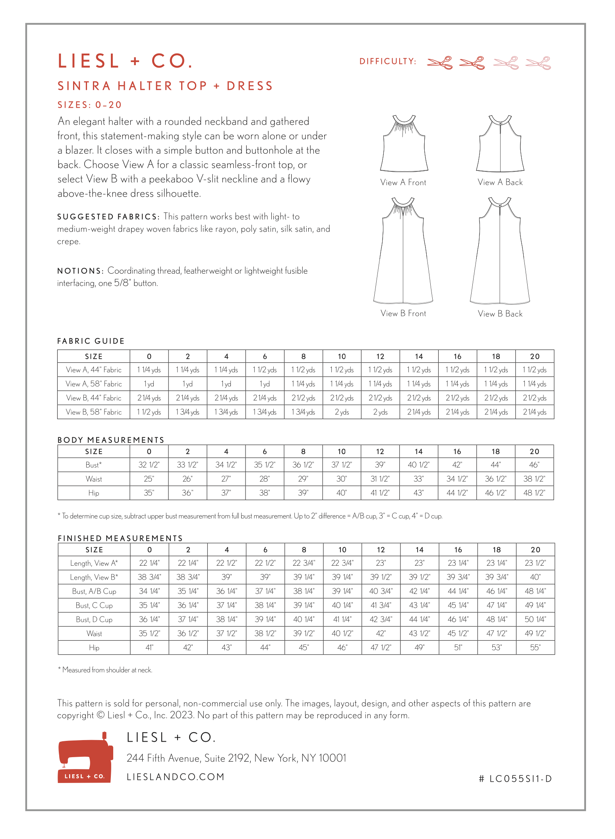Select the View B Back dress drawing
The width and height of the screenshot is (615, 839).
pyautogui.click(x=500, y=252)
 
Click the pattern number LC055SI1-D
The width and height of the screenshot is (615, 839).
pyautogui.click(x=515, y=779)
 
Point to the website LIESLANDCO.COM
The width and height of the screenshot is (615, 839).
pyautogui.click(x=176, y=777)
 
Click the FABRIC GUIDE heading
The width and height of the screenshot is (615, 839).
pyautogui.click(x=91, y=341)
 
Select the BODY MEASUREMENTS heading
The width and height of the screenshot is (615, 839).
pyautogui.click(x=111, y=440)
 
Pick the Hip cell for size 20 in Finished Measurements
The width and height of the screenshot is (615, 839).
pyautogui.click(x=535, y=648)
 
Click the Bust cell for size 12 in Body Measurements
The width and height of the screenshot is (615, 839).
pyautogui.click(x=380, y=465)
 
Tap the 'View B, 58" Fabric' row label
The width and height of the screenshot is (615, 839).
pyautogui.click(x=94, y=412)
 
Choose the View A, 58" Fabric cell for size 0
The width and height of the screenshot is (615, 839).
pyautogui.click(x=149, y=384)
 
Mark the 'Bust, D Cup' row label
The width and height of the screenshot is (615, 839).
pyautogui.click(x=94, y=619)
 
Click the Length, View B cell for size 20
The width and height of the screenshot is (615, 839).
pyautogui.click(x=535, y=577)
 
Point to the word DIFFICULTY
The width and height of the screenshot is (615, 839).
pyautogui.click(x=388, y=61)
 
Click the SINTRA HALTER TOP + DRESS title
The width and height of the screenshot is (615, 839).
pyautogui.click(x=165, y=86)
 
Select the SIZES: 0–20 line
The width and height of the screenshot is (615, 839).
pyautogui.click(x=90, y=105)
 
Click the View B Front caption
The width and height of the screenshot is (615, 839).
pyautogui.click(x=403, y=313)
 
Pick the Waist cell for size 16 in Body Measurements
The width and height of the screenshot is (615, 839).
pyautogui.click(x=457, y=479)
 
